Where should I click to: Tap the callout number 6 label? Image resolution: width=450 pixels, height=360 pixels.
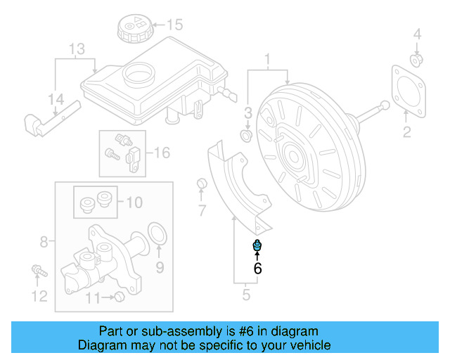tap(257, 268)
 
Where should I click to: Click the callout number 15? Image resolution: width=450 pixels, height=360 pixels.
tap(174, 25)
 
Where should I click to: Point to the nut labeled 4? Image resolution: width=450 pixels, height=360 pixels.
tap(416, 59)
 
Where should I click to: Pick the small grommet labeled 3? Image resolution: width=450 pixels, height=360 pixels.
tap(247, 133)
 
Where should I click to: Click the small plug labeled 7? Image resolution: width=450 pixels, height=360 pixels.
tap(202, 185)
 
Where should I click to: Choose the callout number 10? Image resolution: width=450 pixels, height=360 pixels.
tap(134, 203)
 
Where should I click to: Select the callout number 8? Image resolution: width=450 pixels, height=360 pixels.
tap(44, 242)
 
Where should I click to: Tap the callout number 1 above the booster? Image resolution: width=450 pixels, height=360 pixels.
tap(267, 57)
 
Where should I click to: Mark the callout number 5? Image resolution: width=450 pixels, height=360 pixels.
tap(246, 295)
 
